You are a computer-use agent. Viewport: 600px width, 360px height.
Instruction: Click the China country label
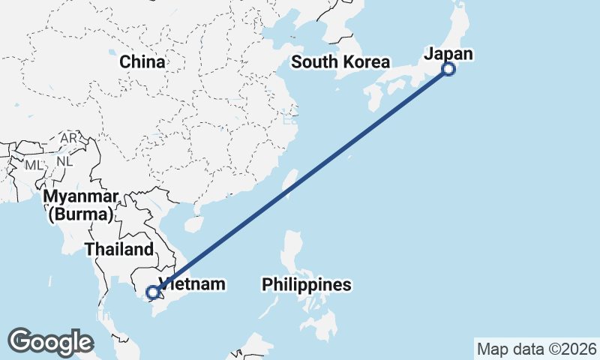pyautogui.click(x=142, y=61)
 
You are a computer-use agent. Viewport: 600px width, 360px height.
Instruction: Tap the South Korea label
pyautogui.click(x=340, y=62)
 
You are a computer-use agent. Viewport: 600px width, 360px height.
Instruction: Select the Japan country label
pyautogui.click(x=448, y=53)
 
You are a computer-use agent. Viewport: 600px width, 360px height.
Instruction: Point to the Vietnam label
pyautogui.click(x=192, y=285)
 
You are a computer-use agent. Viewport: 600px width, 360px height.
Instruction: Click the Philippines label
pyautogui.click(x=306, y=285)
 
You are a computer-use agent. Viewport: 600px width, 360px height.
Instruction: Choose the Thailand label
pyautogui.click(x=119, y=249)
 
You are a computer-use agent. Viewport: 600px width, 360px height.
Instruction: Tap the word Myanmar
pyautogui.click(x=81, y=197)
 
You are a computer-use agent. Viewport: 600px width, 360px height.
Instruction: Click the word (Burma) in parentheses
pyautogui.click(x=81, y=215)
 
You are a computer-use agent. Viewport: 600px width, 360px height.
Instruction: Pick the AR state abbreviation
pyautogui.click(x=69, y=139)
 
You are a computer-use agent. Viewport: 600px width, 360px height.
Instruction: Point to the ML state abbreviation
pyautogui.click(x=34, y=163)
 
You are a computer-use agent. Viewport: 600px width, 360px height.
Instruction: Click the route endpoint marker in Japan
pyautogui.click(x=448, y=69)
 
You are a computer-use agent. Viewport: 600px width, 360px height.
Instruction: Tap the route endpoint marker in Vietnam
pyautogui.click(x=153, y=292)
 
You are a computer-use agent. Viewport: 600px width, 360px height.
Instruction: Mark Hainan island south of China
pyautogui.click(x=194, y=223)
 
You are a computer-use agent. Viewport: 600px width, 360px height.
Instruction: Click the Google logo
pyautogui.click(x=50, y=341)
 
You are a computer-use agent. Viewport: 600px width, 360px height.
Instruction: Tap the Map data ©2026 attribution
pyautogui.click(x=537, y=349)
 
